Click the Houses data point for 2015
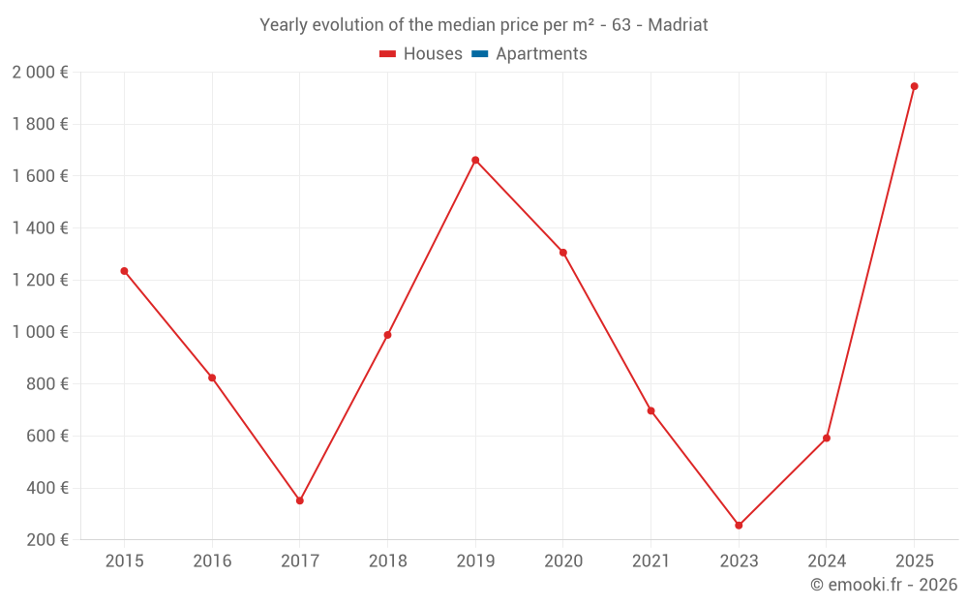click(124, 271)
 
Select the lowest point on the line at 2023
click(739, 526)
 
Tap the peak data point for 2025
click(914, 86)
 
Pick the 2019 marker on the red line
click(475, 160)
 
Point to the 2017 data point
click(300, 500)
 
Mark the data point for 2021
click(650, 410)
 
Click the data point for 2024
click(827, 438)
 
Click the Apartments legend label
click(541, 54)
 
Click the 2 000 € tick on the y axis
click(40, 73)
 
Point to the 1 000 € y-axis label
click(40, 332)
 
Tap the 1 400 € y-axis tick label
click(40, 228)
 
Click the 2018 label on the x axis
click(387, 561)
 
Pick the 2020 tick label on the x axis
click(563, 561)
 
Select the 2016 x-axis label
click(212, 561)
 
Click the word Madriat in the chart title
click(678, 25)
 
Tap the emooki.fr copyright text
click(883, 585)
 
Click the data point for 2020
click(562, 253)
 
